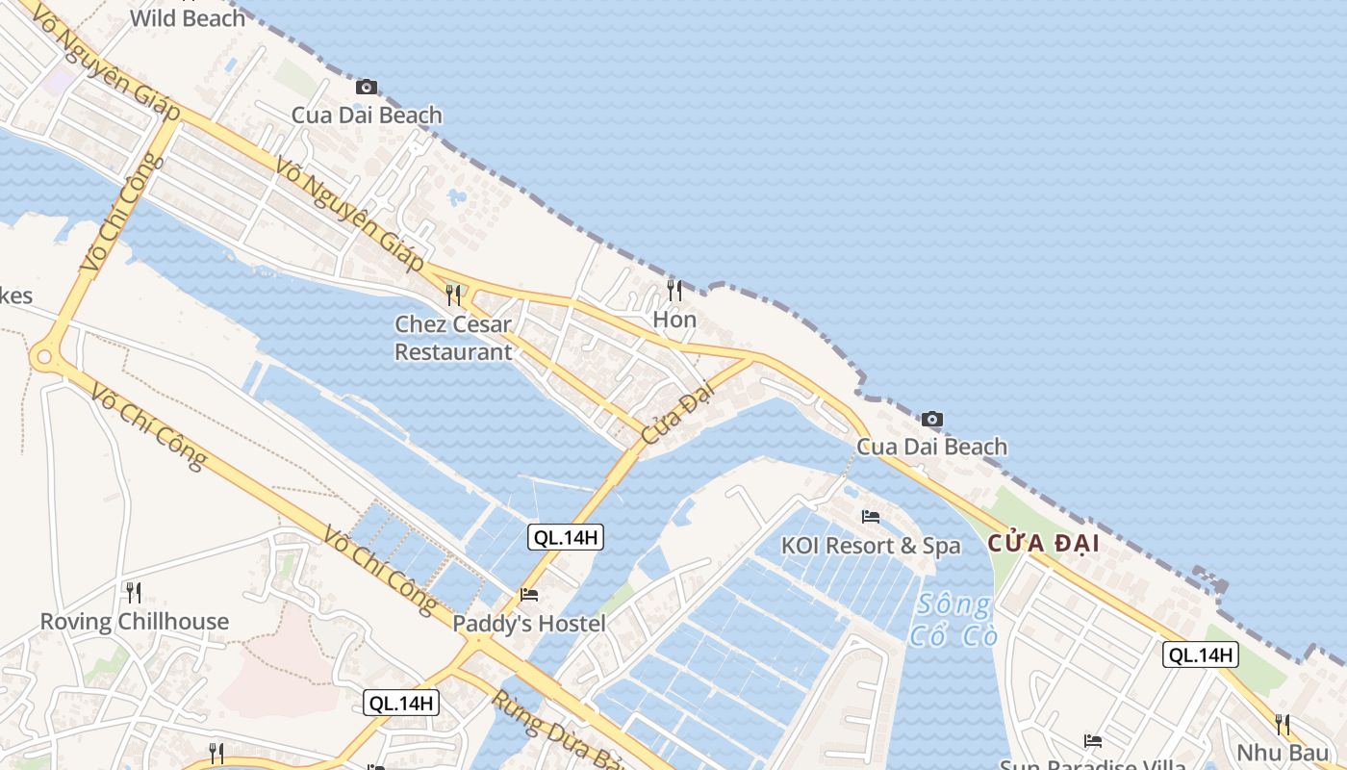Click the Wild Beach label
click(x=188, y=17)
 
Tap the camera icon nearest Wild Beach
click(x=366, y=88)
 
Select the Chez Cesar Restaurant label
click(x=453, y=338)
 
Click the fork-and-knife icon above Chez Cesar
click(x=453, y=295)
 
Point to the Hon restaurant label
click(x=674, y=319)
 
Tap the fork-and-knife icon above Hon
click(x=674, y=290)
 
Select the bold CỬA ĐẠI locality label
click(x=1043, y=544)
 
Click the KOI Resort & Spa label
click(x=871, y=546)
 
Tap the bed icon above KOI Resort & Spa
click(x=871, y=517)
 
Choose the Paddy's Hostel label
click(x=529, y=624)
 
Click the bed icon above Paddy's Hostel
click(x=529, y=595)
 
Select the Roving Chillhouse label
click(x=135, y=622)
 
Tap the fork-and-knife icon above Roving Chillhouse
click(x=134, y=592)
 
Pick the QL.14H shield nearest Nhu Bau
click(x=1200, y=655)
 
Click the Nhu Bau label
click(x=1283, y=752)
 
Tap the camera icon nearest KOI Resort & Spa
click(x=931, y=419)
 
